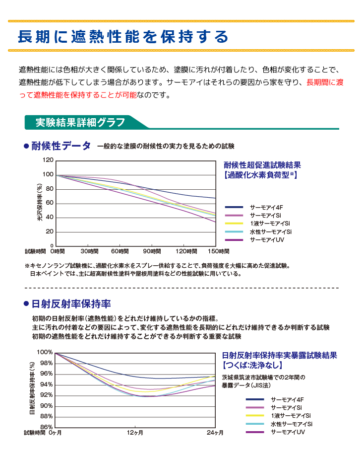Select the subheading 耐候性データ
click(x=61, y=146)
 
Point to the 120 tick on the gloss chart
click(x=48, y=160)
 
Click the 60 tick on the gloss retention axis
click(x=49, y=203)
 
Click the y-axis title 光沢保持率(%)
click(x=40, y=203)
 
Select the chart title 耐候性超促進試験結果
click(x=262, y=165)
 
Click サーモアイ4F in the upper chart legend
click(x=266, y=207)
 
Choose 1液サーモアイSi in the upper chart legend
click(x=270, y=224)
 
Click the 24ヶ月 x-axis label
click(x=215, y=433)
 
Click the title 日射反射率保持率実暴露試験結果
click(x=280, y=356)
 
